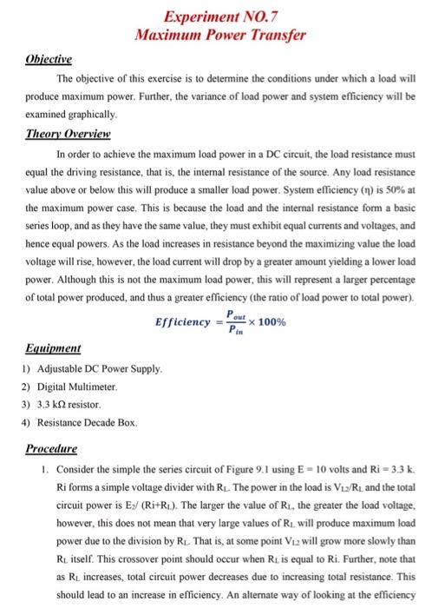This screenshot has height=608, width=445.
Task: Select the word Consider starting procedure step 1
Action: [x=57, y=470]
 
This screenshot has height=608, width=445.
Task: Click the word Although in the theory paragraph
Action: [x=72, y=281]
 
